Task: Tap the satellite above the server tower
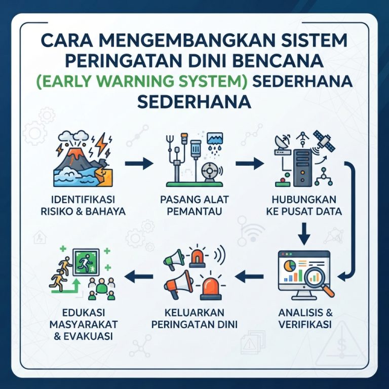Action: point(324,141)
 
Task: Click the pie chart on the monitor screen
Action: point(290,266)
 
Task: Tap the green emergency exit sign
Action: point(86,262)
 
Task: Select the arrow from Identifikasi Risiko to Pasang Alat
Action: point(139,164)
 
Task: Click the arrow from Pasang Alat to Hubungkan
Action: point(250,164)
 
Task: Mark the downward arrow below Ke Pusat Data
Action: point(304,234)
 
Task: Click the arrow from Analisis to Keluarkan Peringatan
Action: point(249,277)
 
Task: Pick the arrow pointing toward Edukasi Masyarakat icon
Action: point(139,277)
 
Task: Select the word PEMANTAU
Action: point(194,212)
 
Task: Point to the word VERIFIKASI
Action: point(305,325)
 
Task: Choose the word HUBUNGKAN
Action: point(304,200)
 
